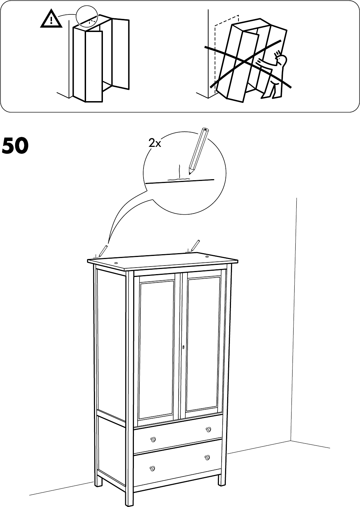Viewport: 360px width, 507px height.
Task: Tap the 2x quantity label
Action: pyautogui.click(x=155, y=143)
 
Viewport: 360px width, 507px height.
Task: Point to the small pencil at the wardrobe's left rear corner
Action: pyautogui.click(x=103, y=251)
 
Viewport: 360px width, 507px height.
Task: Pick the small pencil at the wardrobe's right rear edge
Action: pyautogui.click(x=194, y=245)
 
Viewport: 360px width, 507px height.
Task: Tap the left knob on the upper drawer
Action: pyautogui.click(x=153, y=439)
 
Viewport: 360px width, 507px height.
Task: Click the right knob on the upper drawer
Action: pyautogui.click(x=208, y=429)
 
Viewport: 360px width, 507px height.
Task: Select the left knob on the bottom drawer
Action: pyautogui.click(x=152, y=468)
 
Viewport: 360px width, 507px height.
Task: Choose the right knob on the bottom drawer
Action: pyautogui.click(x=207, y=457)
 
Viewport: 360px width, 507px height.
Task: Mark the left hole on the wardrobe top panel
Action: pyautogui.click(x=116, y=263)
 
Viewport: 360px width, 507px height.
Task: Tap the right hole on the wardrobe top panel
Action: pyautogui.click(x=207, y=257)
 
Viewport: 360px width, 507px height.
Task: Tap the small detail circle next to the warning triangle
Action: pyautogui.click(x=87, y=16)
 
